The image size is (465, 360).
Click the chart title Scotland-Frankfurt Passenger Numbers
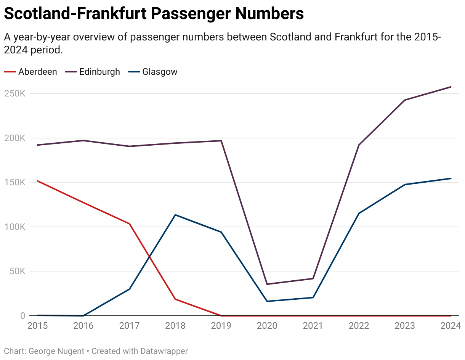point(154,14)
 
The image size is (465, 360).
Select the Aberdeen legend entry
point(37,72)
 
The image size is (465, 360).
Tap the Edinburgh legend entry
point(99,72)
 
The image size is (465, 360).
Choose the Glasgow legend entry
point(160,72)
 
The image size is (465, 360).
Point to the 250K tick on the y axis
point(15,93)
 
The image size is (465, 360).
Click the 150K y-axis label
point(15,182)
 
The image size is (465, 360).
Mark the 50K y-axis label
point(17,271)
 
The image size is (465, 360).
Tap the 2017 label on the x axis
point(129,326)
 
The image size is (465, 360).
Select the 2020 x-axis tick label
point(267,326)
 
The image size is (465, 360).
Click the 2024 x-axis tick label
point(451,326)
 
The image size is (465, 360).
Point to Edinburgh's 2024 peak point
point(451,87)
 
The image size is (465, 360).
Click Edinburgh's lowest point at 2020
point(267,284)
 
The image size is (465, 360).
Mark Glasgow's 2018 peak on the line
point(175,215)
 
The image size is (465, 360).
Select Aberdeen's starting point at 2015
point(37,181)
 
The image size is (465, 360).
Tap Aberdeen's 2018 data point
point(175,299)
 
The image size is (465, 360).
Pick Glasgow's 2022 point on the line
point(359,213)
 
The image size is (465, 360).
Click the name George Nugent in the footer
point(56,351)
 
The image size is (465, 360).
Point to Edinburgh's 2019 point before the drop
point(221,141)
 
